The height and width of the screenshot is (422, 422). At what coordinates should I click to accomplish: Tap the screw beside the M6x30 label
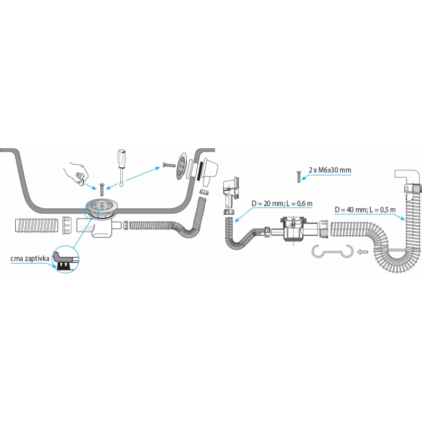pyautogui.click(x=298, y=176)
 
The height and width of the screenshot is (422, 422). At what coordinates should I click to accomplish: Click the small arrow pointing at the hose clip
pyautogui.click(x=362, y=252)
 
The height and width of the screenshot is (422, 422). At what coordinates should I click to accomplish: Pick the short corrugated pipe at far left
pyautogui.click(x=35, y=225)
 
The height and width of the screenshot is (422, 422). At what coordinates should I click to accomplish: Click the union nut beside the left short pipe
pyautogui.click(x=68, y=225)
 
